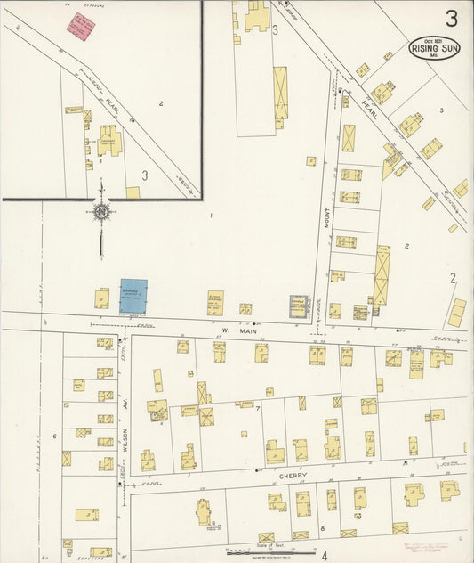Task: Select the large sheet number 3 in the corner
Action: pyautogui.click(x=453, y=18)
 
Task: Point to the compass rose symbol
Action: pyautogui.click(x=101, y=212)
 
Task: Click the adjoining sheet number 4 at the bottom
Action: pyautogui.click(x=325, y=554)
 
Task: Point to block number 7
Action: pyautogui.click(x=258, y=409)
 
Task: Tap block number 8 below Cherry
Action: pyautogui.click(x=322, y=529)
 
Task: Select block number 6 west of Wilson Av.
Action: pyautogui.click(x=54, y=436)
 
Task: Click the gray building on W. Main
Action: pyautogui.click(x=298, y=306)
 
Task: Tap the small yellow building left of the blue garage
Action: pyautogui.click(x=102, y=298)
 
